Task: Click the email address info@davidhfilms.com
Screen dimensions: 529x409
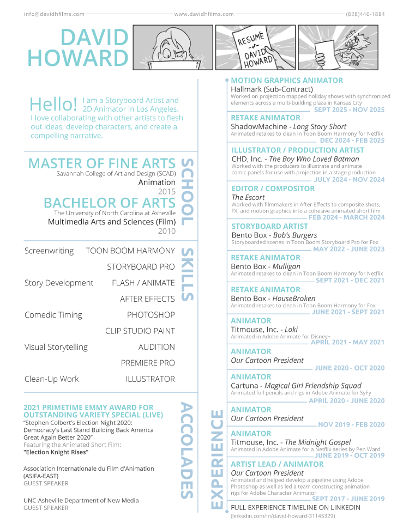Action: (54, 14)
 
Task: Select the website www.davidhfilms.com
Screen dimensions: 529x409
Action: (204, 14)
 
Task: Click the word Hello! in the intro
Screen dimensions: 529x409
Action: (53, 104)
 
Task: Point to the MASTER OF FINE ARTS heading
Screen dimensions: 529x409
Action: (102, 163)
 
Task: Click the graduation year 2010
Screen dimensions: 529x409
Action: (166, 231)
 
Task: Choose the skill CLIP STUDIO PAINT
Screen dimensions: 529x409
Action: (140, 331)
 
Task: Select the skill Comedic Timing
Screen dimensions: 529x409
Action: (53, 315)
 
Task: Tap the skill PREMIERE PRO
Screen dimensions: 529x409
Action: (148, 363)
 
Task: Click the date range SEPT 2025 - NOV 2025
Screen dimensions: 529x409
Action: (349, 110)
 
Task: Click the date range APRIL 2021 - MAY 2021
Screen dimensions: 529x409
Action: (347, 342)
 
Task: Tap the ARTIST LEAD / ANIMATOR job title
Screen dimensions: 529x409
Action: (277, 464)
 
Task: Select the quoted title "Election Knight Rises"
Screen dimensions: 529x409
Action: (56, 452)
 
